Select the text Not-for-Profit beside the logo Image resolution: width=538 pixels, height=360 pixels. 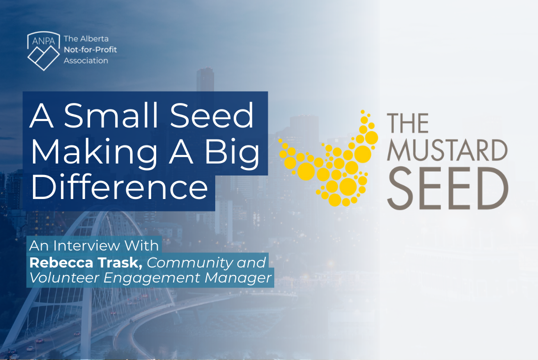[x=90, y=49]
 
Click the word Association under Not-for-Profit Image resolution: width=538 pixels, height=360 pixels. [x=86, y=60]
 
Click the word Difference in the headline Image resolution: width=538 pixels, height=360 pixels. [x=119, y=187]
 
